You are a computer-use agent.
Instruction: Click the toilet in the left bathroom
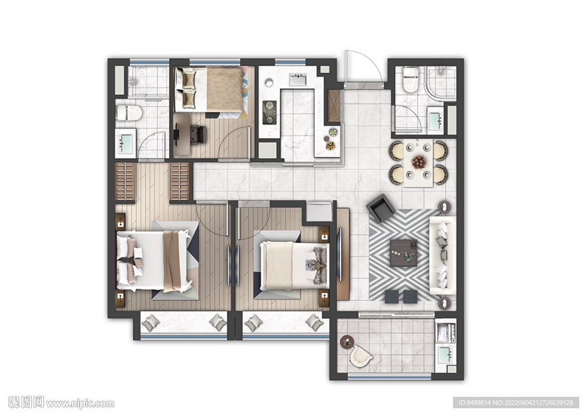click(x=129, y=113)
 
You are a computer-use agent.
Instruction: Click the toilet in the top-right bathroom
click(x=411, y=79)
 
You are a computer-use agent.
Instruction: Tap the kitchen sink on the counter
click(x=298, y=80)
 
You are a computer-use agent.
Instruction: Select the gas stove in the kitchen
click(x=270, y=113)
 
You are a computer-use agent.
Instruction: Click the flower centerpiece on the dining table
click(x=419, y=162)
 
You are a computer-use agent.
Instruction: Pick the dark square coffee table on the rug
click(x=403, y=253)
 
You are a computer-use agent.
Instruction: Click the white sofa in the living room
click(x=443, y=256)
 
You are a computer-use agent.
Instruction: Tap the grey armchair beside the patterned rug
click(x=380, y=208)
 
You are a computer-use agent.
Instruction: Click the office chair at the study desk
click(x=198, y=134)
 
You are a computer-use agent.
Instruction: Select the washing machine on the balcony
click(x=446, y=333)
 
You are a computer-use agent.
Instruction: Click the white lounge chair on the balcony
click(x=361, y=356)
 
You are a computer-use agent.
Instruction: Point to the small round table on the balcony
click(x=347, y=342)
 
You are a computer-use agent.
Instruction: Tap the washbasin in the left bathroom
click(x=126, y=143)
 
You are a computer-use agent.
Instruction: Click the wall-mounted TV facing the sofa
click(x=339, y=254)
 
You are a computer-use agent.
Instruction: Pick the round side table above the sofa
click(x=444, y=207)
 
